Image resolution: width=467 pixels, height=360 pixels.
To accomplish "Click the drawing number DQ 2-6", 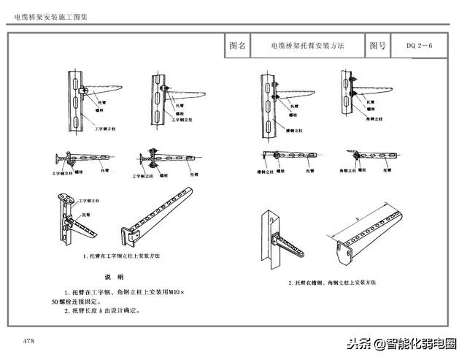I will pyautogui.click(x=420, y=46).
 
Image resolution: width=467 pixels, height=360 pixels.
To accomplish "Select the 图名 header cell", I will pyautogui.click(x=238, y=46).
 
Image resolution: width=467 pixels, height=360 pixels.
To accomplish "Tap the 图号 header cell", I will pyautogui.click(x=377, y=46).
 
